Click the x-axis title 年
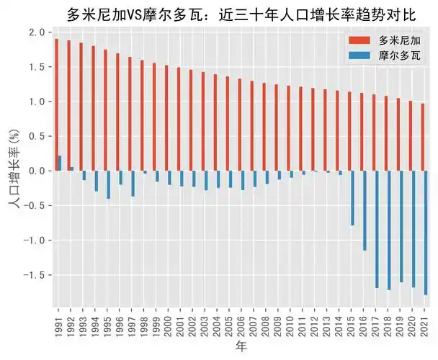coord(241,348)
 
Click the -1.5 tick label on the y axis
coord(34,275)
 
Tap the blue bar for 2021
coord(426,233)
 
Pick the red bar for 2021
coord(422,137)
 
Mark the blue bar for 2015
coord(353,198)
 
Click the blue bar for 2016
coord(365,210)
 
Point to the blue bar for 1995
coord(109,184)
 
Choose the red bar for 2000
coord(166,118)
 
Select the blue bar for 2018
coord(390,230)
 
